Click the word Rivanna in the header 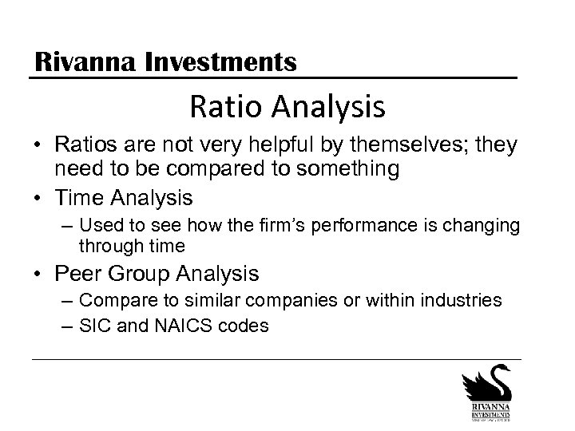tap(85, 61)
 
